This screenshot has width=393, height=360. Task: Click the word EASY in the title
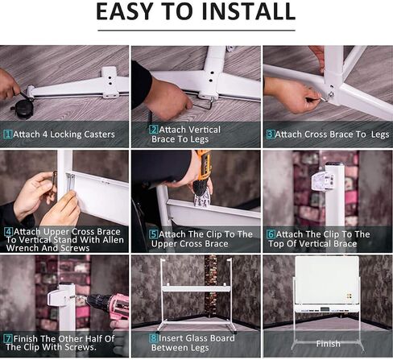(x=125, y=11)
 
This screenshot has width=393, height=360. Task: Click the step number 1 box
(x=8, y=134)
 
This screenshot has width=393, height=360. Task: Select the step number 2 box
(x=154, y=130)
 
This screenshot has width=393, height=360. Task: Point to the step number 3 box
(x=271, y=134)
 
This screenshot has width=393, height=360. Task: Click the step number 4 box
(x=9, y=231)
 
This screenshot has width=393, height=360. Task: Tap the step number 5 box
(x=154, y=234)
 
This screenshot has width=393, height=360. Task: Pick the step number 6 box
(x=271, y=234)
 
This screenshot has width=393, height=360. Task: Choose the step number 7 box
(x=9, y=338)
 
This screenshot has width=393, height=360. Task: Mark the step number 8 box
(x=154, y=338)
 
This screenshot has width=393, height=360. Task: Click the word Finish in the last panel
(x=328, y=344)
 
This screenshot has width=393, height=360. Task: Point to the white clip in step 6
(x=323, y=181)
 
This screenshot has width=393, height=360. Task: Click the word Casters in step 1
(x=99, y=134)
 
